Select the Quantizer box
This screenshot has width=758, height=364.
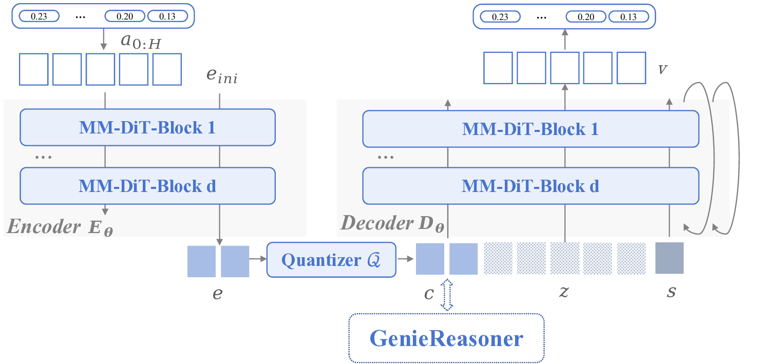pyautogui.click(x=331, y=260)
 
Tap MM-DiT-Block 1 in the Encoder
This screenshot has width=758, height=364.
pyautogui.click(x=147, y=127)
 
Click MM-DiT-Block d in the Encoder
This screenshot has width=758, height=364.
pyautogui.click(x=147, y=186)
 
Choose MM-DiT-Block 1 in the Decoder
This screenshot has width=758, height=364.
pyautogui.click(x=530, y=129)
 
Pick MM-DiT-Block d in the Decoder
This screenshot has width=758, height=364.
pyautogui.click(x=530, y=186)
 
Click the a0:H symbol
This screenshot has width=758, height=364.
pyautogui.click(x=141, y=43)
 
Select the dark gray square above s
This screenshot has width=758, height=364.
pyautogui.click(x=670, y=258)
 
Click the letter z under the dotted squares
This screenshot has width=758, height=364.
pyautogui.click(x=563, y=292)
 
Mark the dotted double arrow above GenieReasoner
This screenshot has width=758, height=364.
pyautogui.click(x=447, y=295)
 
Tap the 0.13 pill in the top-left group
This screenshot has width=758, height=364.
pyautogui.click(x=167, y=16)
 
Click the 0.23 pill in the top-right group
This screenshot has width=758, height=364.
pyautogui.click(x=500, y=17)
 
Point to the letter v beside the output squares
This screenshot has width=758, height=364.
pyautogui.click(x=663, y=69)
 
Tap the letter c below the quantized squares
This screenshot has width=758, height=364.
pyautogui.click(x=429, y=294)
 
